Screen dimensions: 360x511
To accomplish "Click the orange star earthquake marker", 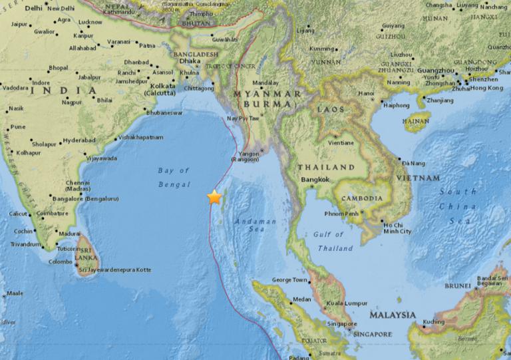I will click(214, 197).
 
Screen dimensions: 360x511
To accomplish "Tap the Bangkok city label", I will click(315, 180).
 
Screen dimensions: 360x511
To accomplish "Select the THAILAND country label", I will click(326, 167).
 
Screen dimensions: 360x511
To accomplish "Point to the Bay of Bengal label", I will click(174, 178).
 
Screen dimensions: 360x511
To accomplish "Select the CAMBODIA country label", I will click(362, 198).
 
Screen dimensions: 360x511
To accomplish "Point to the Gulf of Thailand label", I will click(335, 242).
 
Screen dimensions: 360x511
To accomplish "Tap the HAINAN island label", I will click(417, 122).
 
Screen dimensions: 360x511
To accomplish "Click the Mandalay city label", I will click(265, 83).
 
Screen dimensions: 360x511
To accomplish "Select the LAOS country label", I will click(331, 108).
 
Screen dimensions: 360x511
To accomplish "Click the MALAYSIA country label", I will click(393, 315).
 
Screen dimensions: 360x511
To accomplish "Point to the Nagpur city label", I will click(72, 102).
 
